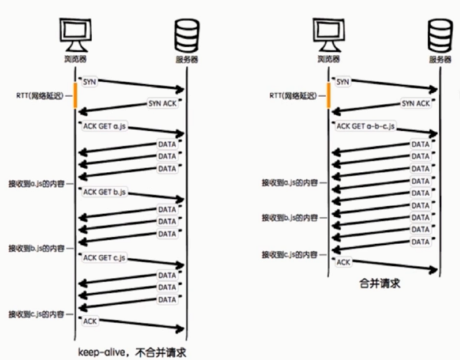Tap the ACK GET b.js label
coord(105,193)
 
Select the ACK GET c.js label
coord(105,257)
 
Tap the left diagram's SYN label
coord(91,82)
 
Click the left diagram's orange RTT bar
coord(75,95)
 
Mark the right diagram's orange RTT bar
coord(329,95)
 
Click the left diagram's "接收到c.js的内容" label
coord(37,313)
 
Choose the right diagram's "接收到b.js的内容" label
coord(291,218)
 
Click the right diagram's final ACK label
coord(344,262)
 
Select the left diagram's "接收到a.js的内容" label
coord(37,184)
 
